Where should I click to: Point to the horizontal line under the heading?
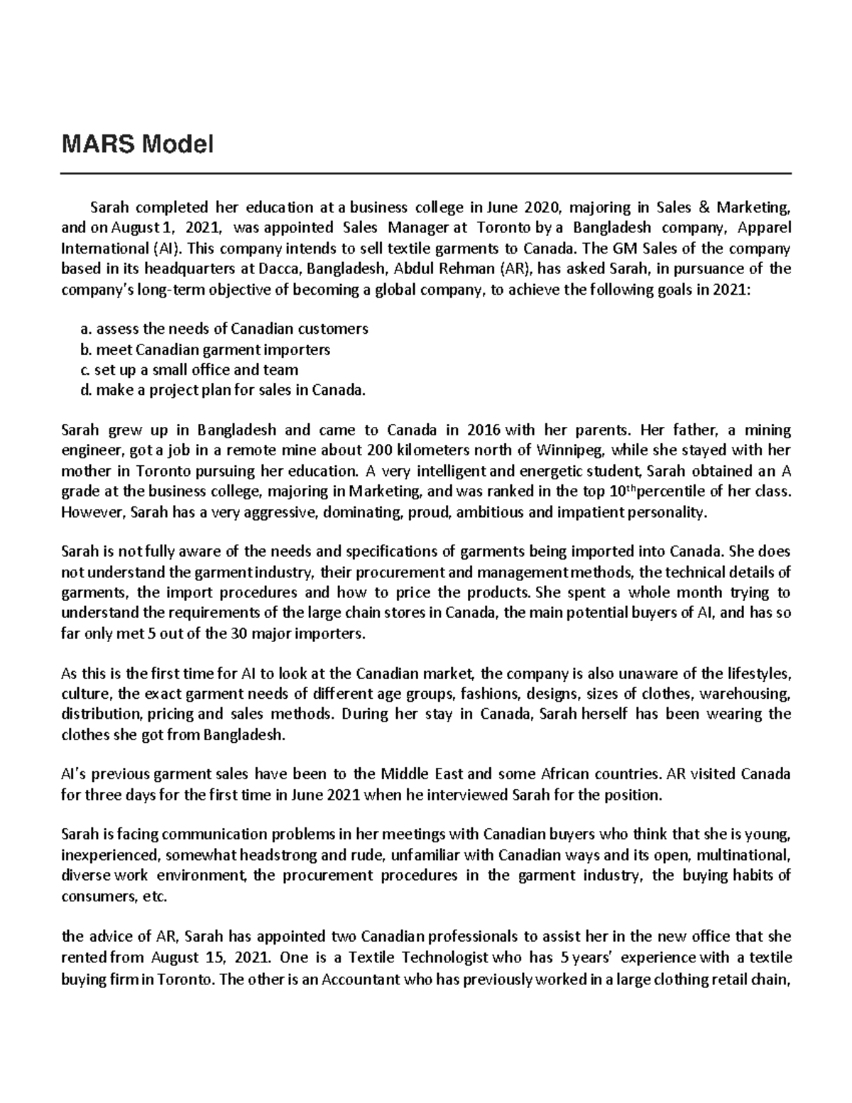tap(426, 173)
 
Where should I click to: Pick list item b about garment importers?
tap(205, 349)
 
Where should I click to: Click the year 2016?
tap(484, 430)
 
